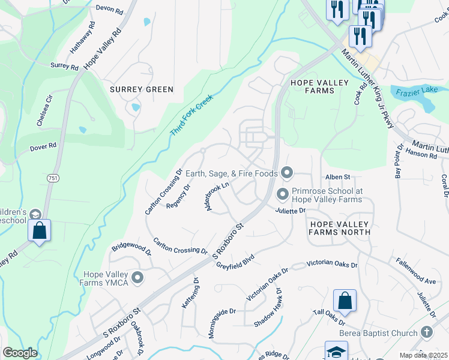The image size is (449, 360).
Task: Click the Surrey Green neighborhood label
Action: pos(142,89)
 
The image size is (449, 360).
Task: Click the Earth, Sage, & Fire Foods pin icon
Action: pos(286,173)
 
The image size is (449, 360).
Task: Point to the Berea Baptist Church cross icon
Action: pos(426,333)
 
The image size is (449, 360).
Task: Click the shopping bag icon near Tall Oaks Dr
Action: pos(345,301)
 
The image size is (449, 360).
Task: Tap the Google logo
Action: pos(20,353)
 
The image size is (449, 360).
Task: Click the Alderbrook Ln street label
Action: pos(218,196)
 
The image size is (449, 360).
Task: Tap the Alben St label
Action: pos(337,177)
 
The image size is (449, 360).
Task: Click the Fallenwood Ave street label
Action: pos(415,271)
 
